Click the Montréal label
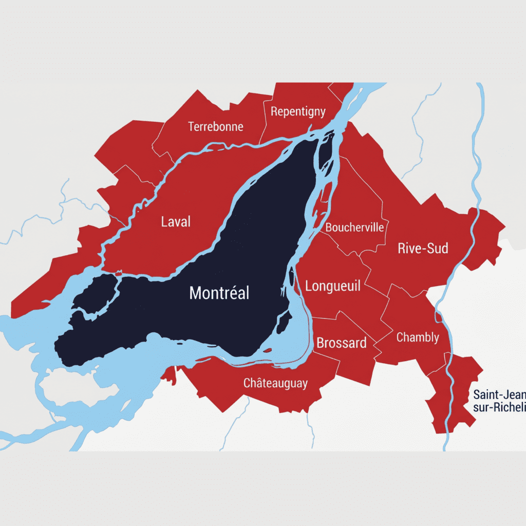click(x=219, y=293)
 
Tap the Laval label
click(x=176, y=222)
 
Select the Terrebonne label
click(x=216, y=126)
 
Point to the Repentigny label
click(x=298, y=111)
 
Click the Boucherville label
click(x=354, y=227)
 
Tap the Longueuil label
click(x=333, y=286)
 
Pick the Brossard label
click(x=342, y=343)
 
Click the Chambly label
click(x=418, y=337)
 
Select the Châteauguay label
click(x=275, y=383)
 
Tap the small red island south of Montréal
click(x=267, y=350)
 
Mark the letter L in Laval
click(x=164, y=222)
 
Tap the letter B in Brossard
click(x=320, y=343)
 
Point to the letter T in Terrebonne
click(x=191, y=126)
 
